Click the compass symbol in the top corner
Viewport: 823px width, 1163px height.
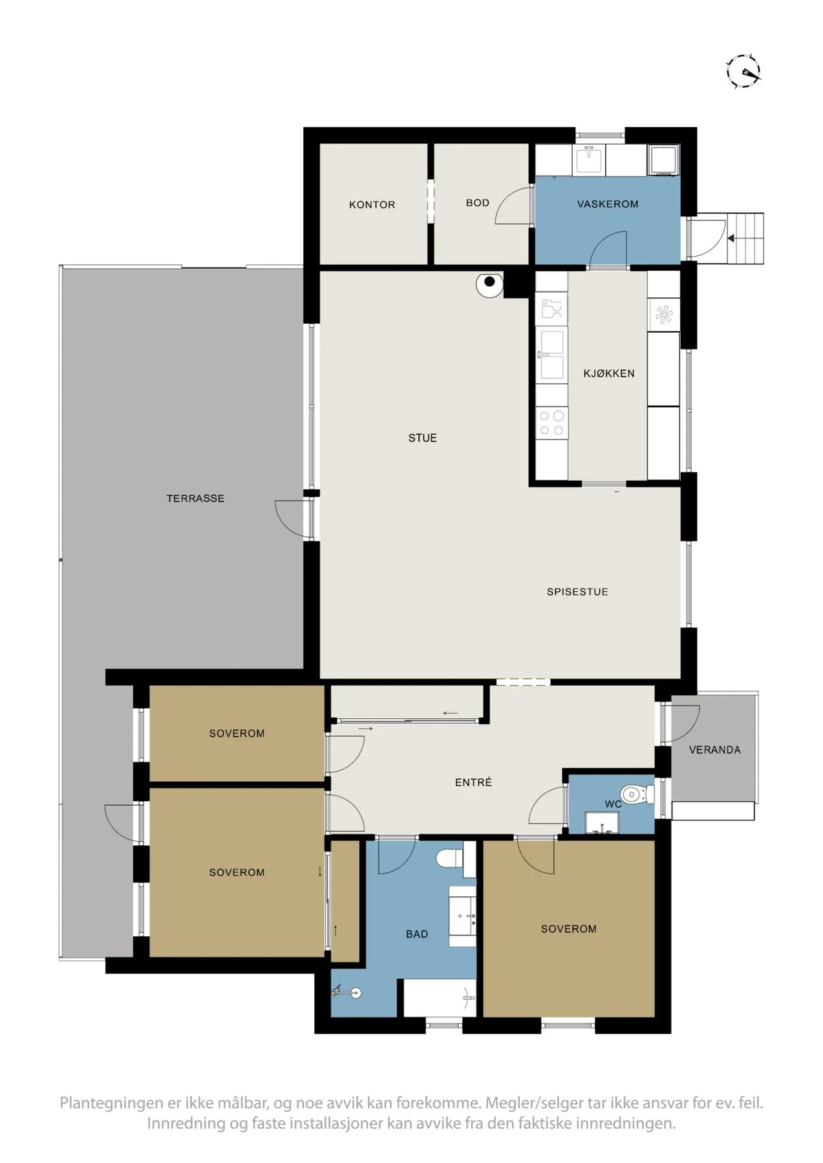(743, 71)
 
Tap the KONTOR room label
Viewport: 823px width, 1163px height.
(372, 205)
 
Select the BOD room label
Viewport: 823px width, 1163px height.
(478, 203)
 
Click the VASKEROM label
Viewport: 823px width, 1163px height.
(608, 204)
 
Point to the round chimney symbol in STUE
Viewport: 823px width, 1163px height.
(489, 283)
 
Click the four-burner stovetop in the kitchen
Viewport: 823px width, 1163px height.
(551, 423)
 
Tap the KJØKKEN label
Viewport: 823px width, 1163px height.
(609, 373)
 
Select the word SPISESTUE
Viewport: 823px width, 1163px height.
(577, 592)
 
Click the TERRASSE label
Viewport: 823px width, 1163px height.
(195, 499)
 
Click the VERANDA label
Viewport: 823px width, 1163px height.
(714, 750)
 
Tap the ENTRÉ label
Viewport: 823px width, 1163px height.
(473, 782)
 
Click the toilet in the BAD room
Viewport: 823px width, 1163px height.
(450, 859)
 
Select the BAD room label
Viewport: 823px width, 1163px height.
(417, 934)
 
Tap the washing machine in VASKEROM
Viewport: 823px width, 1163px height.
(664, 160)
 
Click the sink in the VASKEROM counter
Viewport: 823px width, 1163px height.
(589, 159)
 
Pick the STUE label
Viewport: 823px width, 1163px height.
(422, 438)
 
